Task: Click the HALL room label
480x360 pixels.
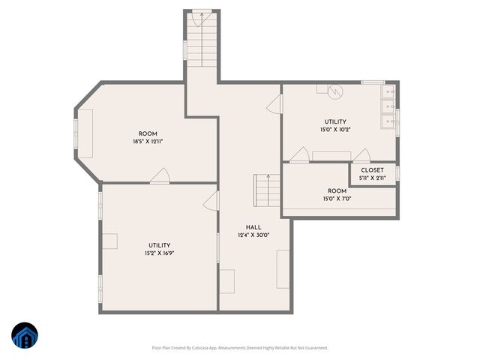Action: pyautogui.click(x=253, y=227)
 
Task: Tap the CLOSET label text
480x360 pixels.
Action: pyautogui.click(x=372, y=170)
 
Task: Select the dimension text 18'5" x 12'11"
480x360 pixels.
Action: pyautogui.click(x=148, y=141)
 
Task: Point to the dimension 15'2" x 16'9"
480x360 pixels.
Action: pyautogui.click(x=159, y=253)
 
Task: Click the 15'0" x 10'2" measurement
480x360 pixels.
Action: pyautogui.click(x=336, y=129)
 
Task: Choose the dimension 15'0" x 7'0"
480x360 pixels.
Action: pyautogui.click(x=336, y=199)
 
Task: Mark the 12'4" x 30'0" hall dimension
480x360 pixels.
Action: pyautogui.click(x=253, y=235)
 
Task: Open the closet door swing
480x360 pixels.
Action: pyautogui.click(x=361, y=156)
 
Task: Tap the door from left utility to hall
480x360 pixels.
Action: pyautogui.click(x=211, y=200)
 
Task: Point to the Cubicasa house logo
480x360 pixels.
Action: pyautogui.click(x=25, y=336)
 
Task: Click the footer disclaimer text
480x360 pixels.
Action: pyautogui.click(x=240, y=347)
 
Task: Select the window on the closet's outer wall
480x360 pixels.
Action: pyautogui.click(x=397, y=174)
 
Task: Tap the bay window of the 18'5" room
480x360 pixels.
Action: pyautogui.click(x=75, y=133)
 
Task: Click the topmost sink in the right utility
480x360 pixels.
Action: pyautogui.click(x=389, y=92)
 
